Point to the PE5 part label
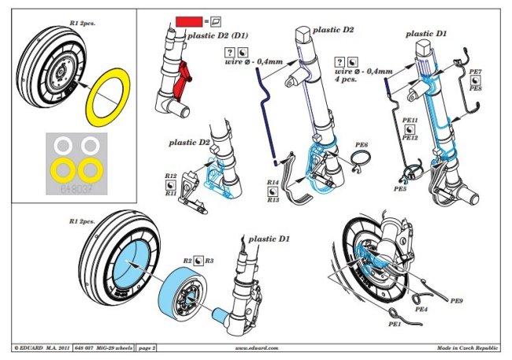pos(400,189)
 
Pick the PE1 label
pos(394,324)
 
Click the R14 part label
pos(273,183)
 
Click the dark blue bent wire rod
pos(269,118)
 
